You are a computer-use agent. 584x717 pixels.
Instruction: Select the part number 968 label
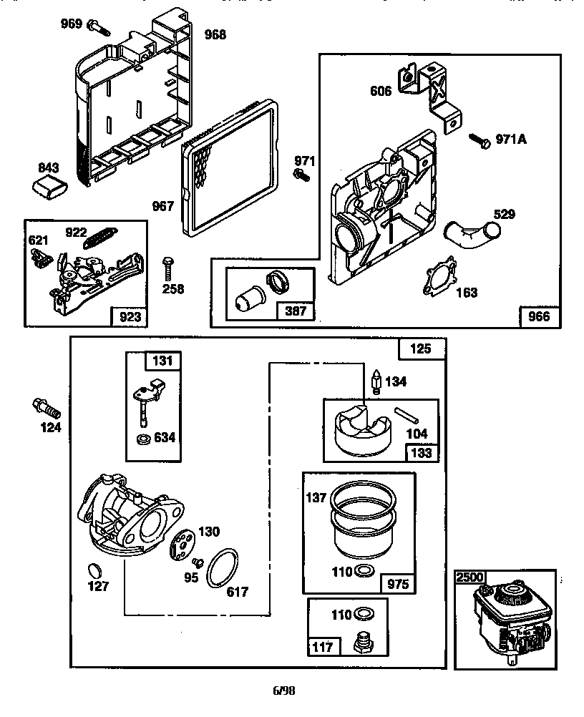[215, 34]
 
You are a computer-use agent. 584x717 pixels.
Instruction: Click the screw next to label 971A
[479, 140]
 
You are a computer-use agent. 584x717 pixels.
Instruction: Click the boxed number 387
[296, 311]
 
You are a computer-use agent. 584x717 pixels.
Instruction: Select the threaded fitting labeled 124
[46, 409]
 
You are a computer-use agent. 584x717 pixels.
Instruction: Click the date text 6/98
[283, 691]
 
